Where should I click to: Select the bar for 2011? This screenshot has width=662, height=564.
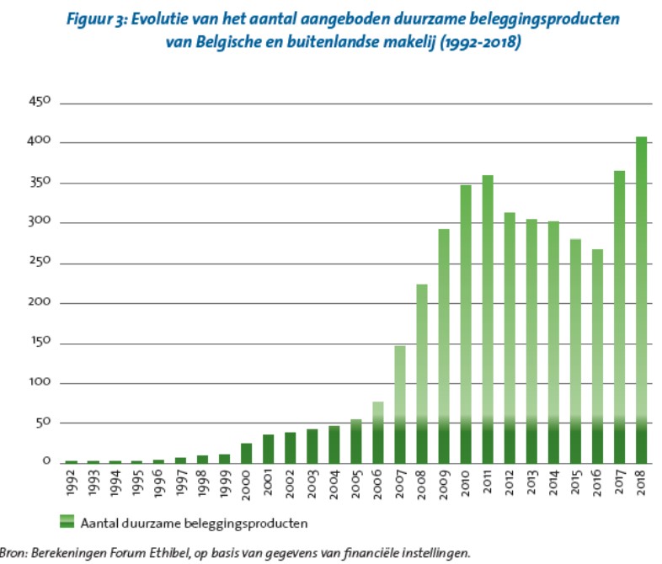[488, 319]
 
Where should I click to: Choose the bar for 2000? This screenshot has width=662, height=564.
[246, 453]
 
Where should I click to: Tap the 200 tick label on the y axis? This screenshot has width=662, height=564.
[40, 302]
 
